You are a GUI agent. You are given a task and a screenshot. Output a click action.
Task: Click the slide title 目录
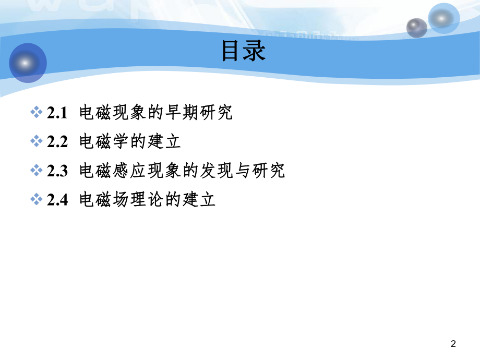click(244, 51)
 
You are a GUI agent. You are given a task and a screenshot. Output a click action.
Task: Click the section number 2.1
click(57, 112)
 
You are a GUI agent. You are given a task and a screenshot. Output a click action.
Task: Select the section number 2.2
click(57, 141)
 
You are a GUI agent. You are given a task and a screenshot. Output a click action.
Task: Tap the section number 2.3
click(57, 171)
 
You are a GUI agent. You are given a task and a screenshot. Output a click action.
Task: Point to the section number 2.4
click(57, 200)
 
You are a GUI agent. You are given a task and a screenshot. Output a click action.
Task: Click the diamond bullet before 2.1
click(36, 112)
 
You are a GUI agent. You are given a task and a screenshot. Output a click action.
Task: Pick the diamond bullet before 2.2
click(36, 141)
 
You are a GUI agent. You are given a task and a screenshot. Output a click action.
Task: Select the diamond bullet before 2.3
click(36, 171)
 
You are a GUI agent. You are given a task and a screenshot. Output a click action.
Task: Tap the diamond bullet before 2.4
click(36, 200)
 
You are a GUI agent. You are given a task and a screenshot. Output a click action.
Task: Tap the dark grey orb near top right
click(417, 28)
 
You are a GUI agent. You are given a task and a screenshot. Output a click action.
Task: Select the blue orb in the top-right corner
click(443, 18)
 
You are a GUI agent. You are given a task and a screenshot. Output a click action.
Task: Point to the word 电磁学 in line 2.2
click(104, 141)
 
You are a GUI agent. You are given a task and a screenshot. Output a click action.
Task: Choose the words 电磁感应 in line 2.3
click(113, 171)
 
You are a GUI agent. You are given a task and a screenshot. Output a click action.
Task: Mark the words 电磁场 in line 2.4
click(104, 200)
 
